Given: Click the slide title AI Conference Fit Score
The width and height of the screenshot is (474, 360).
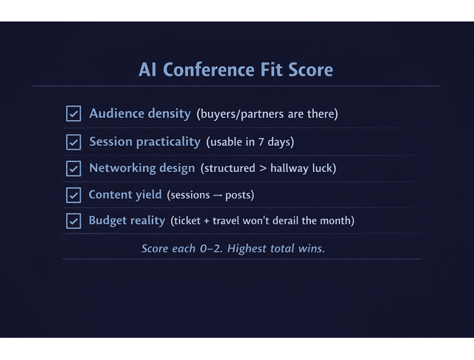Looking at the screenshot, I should (x=236, y=70).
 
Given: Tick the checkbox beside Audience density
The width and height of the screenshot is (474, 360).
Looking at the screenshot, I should (x=73, y=114).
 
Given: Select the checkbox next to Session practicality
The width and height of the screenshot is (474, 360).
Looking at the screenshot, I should (x=73, y=141).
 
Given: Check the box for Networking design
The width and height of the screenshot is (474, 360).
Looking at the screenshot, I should (x=73, y=168).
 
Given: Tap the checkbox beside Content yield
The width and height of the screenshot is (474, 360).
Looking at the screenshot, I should (x=73, y=195).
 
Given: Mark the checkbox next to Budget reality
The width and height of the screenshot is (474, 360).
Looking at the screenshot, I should (x=73, y=221).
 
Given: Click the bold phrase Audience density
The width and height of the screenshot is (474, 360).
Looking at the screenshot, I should (x=140, y=114).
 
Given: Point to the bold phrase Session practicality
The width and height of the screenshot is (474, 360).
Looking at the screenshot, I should (x=144, y=141).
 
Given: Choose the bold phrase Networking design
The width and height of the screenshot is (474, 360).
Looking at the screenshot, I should (x=142, y=168).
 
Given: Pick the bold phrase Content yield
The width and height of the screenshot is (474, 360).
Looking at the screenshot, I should (x=124, y=195).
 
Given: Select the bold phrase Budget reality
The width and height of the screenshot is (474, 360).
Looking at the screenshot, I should (x=126, y=221).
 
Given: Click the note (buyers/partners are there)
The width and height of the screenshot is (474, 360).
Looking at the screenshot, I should (x=267, y=114).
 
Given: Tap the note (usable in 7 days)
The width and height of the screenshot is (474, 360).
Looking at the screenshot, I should (x=250, y=141).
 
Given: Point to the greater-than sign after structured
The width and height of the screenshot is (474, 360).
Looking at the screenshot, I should (x=262, y=169).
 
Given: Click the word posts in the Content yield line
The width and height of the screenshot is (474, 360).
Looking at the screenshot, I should (x=241, y=196).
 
